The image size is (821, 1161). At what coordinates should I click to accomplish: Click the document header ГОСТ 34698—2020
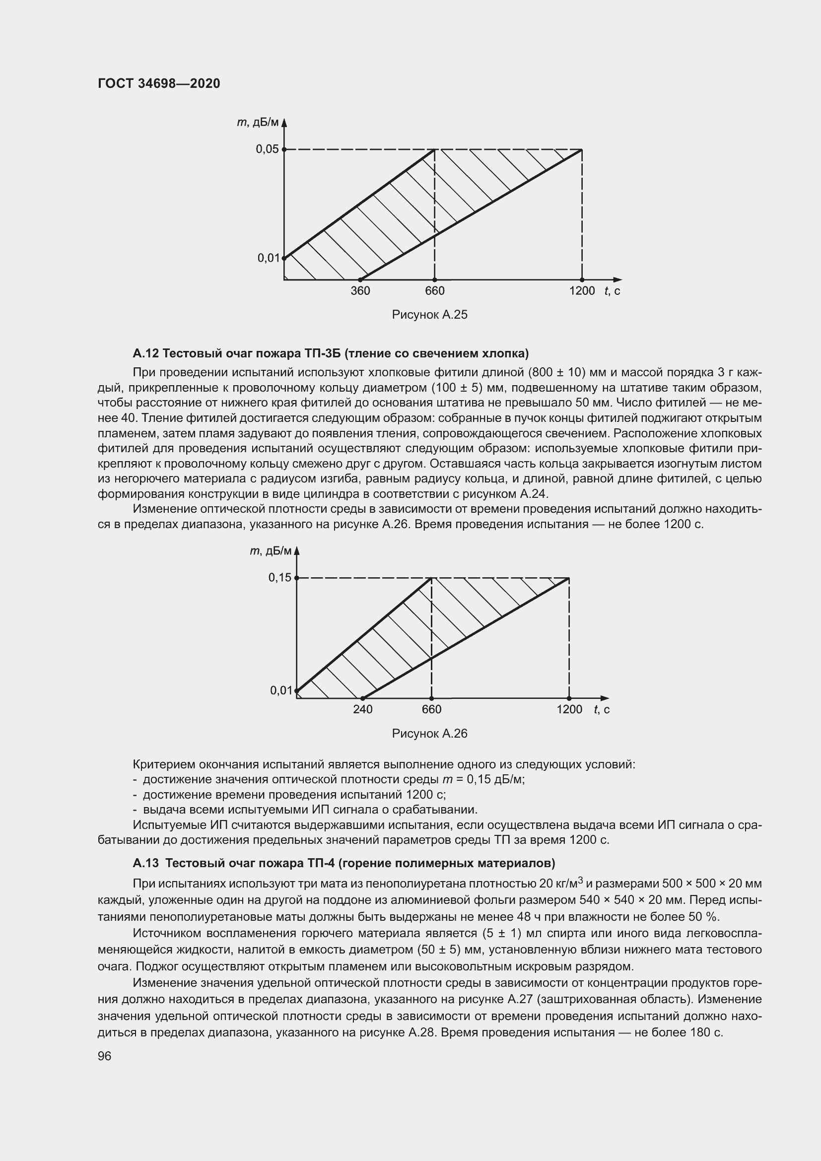(x=159, y=83)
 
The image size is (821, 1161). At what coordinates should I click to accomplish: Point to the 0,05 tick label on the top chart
(x=267, y=149)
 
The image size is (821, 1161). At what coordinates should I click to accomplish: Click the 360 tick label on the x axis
(x=360, y=291)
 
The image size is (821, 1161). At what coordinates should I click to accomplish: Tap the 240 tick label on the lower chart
(x=362, y=709)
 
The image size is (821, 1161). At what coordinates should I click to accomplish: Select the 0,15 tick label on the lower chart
(x=279, y=577)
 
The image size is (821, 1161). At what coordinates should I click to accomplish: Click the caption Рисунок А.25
(x=430, y=315)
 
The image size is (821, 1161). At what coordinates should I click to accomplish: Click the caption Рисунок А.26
(x=430, y=733)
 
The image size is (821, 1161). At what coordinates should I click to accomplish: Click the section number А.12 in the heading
(x=146, y=353)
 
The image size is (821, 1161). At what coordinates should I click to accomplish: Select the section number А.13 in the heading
(x=146, y=862)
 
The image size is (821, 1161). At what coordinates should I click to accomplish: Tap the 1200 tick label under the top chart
(x=582, y=291)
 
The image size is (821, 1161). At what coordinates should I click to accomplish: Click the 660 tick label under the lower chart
(x=432, y=709)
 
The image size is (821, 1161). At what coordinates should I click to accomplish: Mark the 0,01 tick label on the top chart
(x=269, y=258)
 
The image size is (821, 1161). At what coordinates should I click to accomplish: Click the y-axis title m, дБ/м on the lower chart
(x=271, y=550)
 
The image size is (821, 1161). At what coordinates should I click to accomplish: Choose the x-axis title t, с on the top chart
(x=612, y=291)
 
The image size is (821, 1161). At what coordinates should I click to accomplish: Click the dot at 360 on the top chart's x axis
(x=360, y=279)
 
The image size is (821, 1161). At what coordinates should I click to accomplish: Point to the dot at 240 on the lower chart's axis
(x=362, y=698)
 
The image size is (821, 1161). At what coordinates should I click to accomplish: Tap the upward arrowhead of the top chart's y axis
(x=284, y=123)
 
